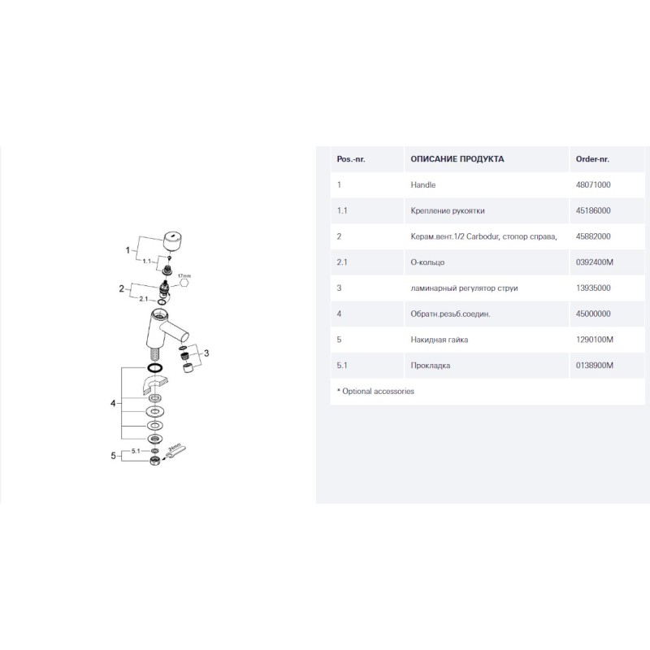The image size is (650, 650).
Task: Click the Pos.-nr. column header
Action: [351, 159]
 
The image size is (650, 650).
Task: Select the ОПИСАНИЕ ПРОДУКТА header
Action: [457, 159]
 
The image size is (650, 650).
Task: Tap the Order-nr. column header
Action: [592, 159]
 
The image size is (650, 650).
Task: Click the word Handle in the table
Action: [422, 185]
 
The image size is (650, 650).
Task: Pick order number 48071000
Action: [593, 185]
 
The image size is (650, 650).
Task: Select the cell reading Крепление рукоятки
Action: [448, 210]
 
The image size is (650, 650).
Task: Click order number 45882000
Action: [593, 236]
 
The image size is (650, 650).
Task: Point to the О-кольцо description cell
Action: [427, 262]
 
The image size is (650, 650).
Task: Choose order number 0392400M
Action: [594, 262]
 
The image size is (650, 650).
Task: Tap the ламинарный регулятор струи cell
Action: [464, 288]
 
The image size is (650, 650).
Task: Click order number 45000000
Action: [593, 314]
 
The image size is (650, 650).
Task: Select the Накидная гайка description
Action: [439, 340]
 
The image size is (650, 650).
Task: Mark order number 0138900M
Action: [594, 365]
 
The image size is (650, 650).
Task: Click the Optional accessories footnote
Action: [375, 392]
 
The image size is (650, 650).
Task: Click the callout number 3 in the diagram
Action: [206, 353]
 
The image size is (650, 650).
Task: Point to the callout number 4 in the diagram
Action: [113, 403]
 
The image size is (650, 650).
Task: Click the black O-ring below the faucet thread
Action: [154, 368]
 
